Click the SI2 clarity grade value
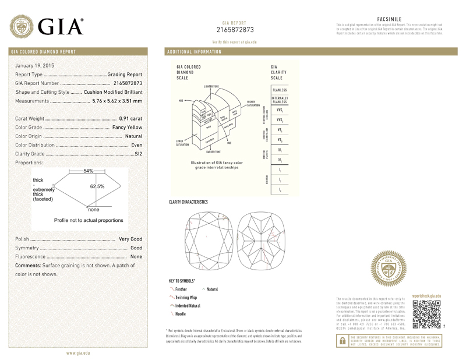(138, 154)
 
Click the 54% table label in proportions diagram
(89, 171)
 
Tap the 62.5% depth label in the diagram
(97, 186)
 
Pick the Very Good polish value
(130, 239)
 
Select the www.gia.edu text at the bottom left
(77, 353)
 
